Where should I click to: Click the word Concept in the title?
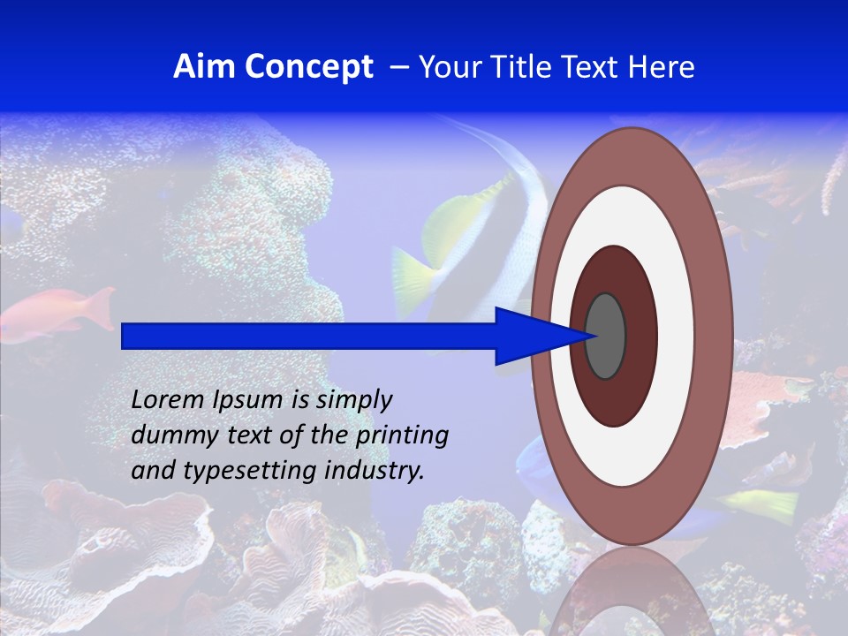[308, 67]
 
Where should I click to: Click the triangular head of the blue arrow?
[530, 336]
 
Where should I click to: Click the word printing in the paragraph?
[406, 435]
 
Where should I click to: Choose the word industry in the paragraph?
[375, 471]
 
